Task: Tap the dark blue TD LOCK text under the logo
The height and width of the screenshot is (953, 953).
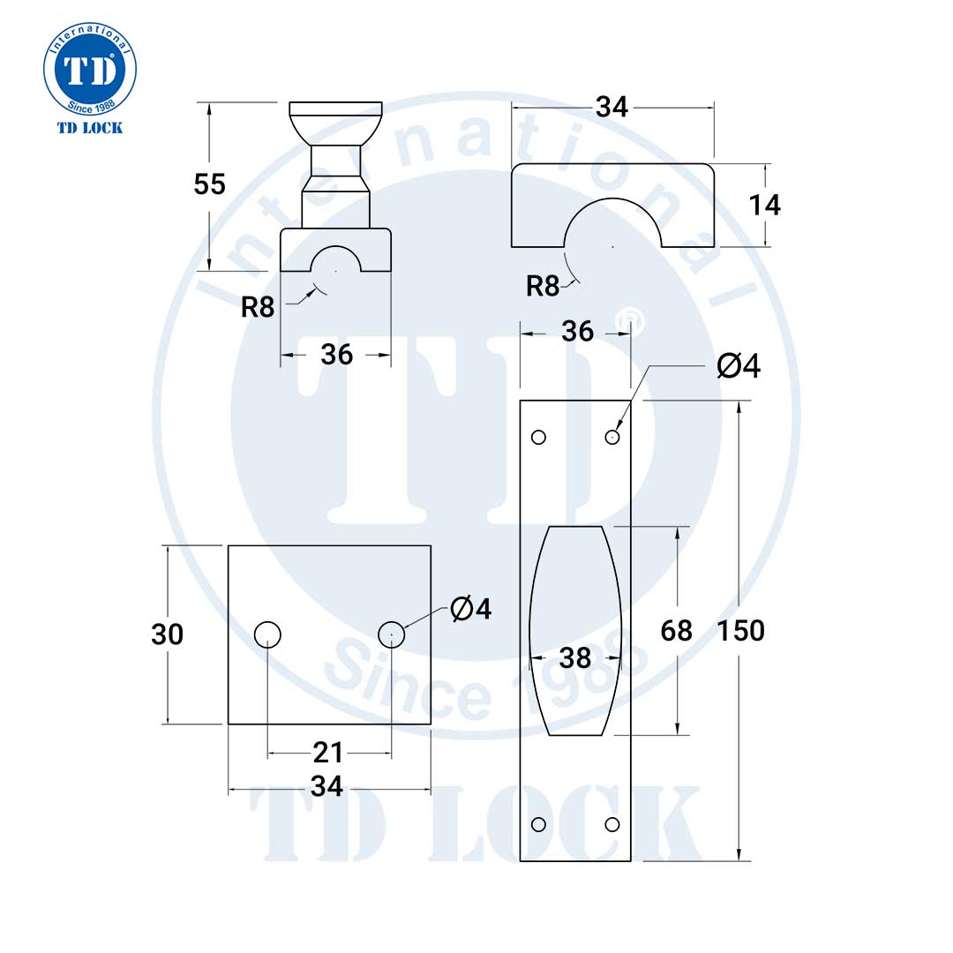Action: [90, 128]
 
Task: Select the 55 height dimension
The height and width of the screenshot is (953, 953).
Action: [210, 184]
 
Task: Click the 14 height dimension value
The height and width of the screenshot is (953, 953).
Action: [764, 205]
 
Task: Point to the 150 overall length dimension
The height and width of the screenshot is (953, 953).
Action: [740, 631]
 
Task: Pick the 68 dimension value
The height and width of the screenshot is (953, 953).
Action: [677, 631]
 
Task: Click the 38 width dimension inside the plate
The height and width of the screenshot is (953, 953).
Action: [575, 657]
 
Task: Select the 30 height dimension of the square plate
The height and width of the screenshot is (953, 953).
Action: [167, 634]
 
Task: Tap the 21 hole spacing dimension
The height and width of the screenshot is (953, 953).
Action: [328, 753]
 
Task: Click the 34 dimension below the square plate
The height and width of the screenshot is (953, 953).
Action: [328, 786]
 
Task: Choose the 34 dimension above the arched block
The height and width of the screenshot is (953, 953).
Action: [612, 107]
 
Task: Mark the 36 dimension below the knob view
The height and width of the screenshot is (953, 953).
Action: [336, 355]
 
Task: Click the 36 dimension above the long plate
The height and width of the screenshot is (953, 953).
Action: [577, 332]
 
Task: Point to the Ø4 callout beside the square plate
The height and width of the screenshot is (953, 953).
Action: [470, 609]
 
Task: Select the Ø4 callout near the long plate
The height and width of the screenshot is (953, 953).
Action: [739, 366]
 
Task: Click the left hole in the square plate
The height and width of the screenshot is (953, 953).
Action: [267, 634]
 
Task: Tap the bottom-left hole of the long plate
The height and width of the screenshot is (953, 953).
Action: [538, 824]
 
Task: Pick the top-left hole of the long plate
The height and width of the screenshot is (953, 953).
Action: [538, 437]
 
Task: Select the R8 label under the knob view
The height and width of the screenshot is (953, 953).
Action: [258, 307]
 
